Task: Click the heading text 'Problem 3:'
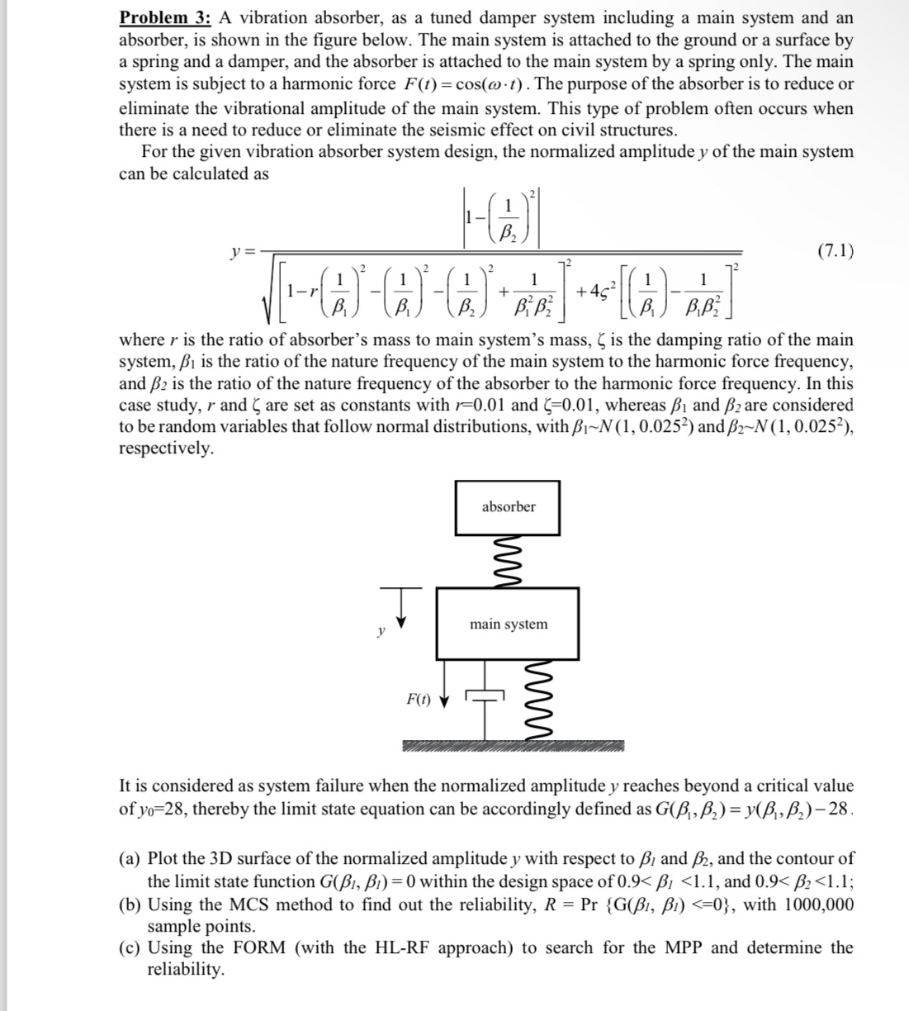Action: pyautogui.click(x=165, y=17)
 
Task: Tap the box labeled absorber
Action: pyautogui.click(x=508, y=506)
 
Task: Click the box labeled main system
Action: pyautogui.click(x=508, y=624)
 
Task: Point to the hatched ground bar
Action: pyautogui.click(x=512, y=747)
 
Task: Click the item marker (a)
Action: pyautogui.click(x=131, y=859)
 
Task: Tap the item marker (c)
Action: pyautogui.click(x=131, y=947)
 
